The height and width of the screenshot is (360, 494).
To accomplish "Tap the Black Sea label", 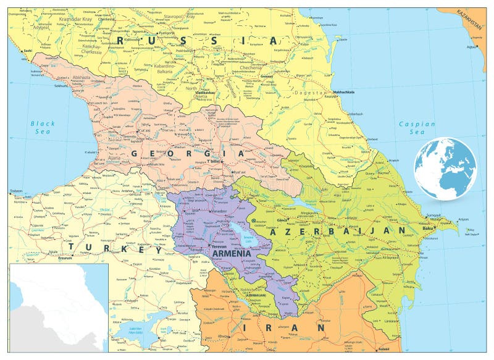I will (44, 128).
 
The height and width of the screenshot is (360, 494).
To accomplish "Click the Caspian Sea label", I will (417, 128).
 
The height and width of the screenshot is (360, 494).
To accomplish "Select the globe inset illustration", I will (445, 169).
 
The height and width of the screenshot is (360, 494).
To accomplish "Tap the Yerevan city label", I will (219, 246).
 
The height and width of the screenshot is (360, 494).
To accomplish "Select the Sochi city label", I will (27, 51).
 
